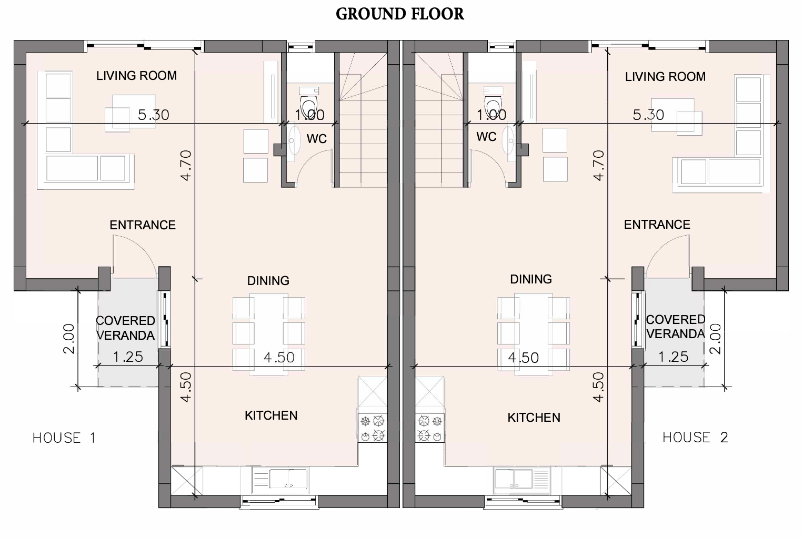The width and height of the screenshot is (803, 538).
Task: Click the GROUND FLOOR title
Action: (400, 14)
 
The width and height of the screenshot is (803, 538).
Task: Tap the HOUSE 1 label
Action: (64, 438)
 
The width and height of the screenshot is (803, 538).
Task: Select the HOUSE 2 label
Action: (695, 437)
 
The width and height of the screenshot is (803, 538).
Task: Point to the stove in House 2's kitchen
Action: (430, 428)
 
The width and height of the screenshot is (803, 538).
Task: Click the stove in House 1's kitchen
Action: (372, 428)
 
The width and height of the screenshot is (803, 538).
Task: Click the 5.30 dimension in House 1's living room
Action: (154, 115)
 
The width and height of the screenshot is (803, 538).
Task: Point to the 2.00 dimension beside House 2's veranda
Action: (715, 339)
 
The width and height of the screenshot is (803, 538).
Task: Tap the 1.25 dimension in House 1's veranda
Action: (128, 357)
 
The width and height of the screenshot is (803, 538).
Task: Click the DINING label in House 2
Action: (531, 279)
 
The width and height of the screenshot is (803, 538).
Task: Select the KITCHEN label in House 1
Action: (271, 415)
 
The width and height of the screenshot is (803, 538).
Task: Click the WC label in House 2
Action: (486, 137)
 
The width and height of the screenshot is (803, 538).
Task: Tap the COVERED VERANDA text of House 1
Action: (125, 328)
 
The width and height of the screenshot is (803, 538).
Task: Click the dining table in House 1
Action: (269, 334)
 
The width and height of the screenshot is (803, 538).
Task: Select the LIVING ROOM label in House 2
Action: (665, 77)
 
